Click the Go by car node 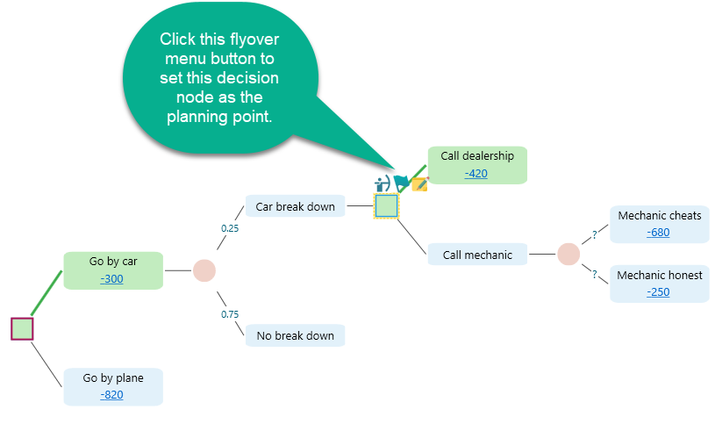point(113,262)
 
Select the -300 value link point(112,279)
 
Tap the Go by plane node point(113,378)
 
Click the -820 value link point(112,395)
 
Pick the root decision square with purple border point(22,329)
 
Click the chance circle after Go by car point(204,270)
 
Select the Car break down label point(295,207)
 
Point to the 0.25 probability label point(229,228)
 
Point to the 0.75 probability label point(229,314)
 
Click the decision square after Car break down point(386,206)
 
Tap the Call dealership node point(477,156)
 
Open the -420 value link point(476,173)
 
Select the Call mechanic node point(477,255)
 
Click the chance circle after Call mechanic point(568,254)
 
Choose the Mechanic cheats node point(659,216)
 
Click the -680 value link point(658,233)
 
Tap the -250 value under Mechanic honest point(658,292)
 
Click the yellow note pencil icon point(420,184)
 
